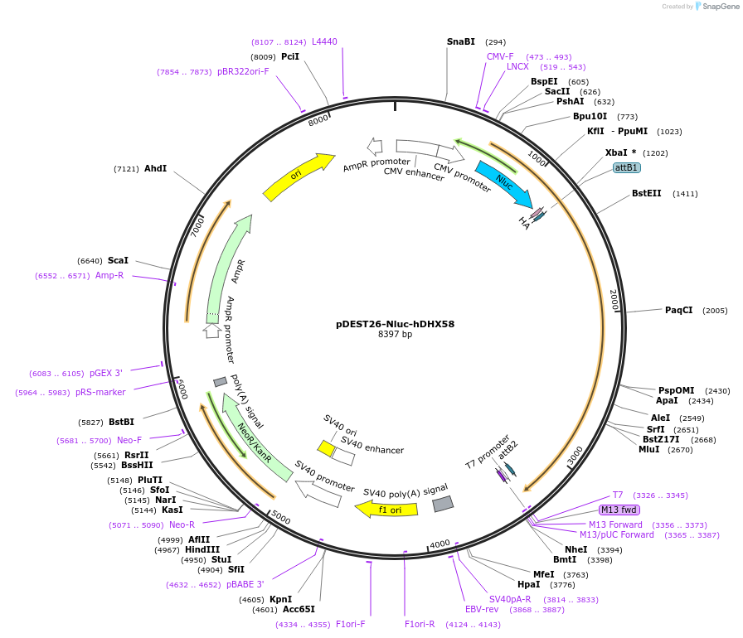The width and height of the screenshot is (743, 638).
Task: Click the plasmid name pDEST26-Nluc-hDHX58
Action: coord(395,324)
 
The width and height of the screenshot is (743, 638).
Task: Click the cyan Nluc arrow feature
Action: coord(504,184)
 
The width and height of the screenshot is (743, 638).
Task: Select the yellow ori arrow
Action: coord(298,176)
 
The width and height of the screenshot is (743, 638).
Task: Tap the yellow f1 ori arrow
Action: coord(386,509)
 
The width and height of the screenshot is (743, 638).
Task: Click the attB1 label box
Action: coord(626,167)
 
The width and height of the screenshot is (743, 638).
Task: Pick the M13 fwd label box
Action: coord(619,510)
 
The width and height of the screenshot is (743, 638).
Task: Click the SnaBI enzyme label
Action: coord(461,41)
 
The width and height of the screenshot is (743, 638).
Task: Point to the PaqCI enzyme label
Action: coord(678,310)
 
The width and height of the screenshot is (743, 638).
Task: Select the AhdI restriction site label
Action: coord(155,168)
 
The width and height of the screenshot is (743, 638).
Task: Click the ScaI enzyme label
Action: coord(118,260)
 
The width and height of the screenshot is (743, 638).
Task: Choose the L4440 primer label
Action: coord(324,41)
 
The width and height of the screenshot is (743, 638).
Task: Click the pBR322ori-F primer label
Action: coord(243,72)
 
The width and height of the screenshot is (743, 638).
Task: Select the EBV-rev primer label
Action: coord(481,609)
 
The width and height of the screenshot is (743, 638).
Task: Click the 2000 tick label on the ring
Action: coord(614,299)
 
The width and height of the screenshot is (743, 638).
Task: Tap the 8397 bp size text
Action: coord(395,335)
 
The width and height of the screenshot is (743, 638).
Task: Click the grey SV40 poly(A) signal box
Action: coord(443,503)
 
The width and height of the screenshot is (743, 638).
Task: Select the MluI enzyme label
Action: coord(648,449)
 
